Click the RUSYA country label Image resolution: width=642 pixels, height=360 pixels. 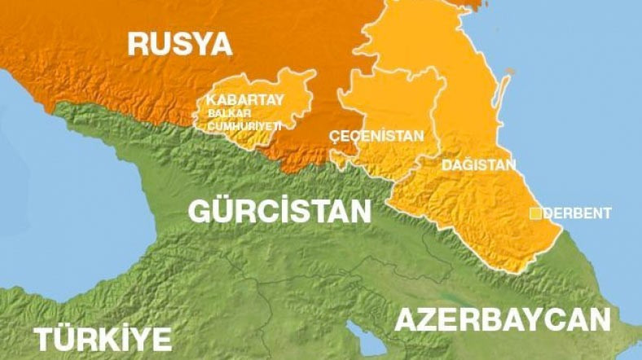point(179,44)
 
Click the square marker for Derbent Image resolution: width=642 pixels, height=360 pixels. point(535,213)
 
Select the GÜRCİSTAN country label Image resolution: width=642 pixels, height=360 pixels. point(279,210)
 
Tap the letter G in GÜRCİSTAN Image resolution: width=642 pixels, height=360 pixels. point(200,210)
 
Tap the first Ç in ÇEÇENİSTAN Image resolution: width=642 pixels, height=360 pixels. point(332,136)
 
